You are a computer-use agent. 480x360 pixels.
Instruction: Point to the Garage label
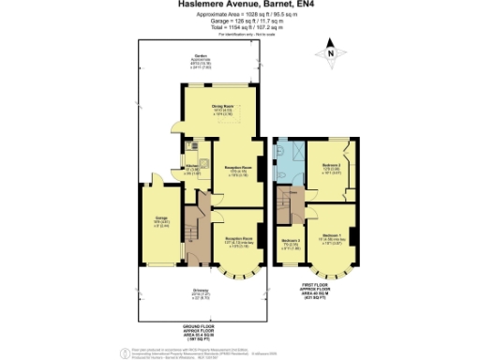pos(161,221)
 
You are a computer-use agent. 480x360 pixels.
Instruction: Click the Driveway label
pos(201,292)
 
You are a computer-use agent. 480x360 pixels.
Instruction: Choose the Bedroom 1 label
pos(331,235)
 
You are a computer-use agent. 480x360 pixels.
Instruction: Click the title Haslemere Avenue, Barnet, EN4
pos(239,5)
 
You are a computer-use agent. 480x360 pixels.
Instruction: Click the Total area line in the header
pos(239,29)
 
